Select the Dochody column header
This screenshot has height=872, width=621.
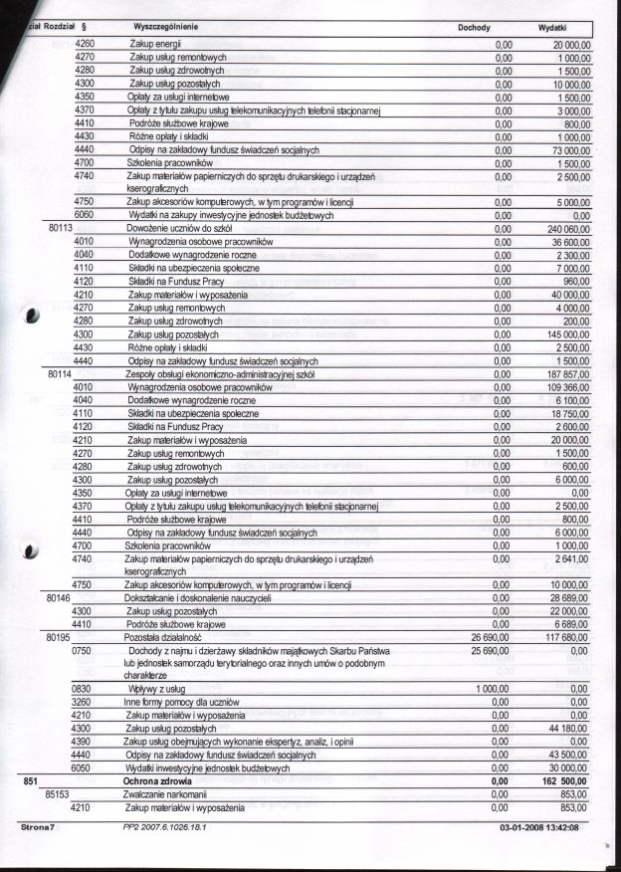pos(473,29)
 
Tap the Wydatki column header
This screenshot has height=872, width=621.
pos(552,29)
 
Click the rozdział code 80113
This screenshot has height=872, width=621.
pos(63,228)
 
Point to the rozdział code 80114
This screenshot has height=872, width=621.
pos(63,373)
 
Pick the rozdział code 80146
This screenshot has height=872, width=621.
pos(63,597)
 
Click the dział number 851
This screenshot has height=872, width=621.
pos(30,782)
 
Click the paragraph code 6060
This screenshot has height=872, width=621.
pos(85,215)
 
